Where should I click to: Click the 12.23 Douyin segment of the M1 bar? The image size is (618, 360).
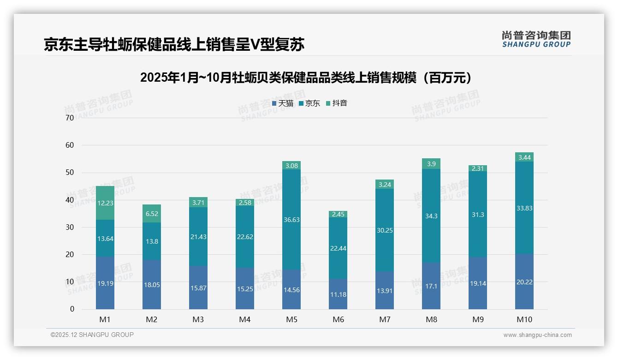point(105,203)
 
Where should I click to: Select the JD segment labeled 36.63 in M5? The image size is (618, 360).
point(291,220)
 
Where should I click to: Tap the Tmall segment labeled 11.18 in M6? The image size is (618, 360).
point(338,294)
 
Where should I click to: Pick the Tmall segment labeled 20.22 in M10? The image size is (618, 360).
point(524,282)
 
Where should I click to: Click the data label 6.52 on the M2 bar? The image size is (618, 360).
point(152,214)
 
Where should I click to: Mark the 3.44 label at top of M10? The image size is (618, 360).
point(524,157)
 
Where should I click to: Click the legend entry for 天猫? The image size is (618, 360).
point(283,103)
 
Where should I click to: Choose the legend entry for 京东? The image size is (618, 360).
point(309,103)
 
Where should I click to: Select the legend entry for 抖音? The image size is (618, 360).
point(337,103)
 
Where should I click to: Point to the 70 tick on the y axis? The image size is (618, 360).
point(70,118)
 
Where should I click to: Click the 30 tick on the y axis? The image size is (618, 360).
point(70,228)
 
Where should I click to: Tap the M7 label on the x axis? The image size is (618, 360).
point(385,319)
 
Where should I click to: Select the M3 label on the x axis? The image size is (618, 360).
point(198,319)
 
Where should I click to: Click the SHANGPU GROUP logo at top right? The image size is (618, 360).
point(536,39)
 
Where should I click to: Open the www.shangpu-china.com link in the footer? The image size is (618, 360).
point(537,335)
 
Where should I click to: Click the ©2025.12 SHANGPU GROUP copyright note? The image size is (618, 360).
point(92,335)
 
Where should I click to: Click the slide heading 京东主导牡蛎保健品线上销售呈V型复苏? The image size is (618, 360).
point(174,45)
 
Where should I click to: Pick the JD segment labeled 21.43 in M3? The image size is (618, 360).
point(198,237)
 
